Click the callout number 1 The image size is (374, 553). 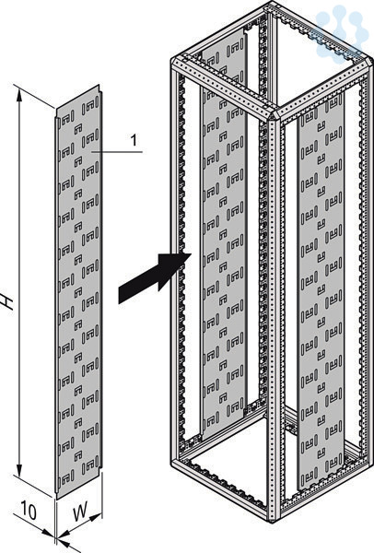click(134, 140)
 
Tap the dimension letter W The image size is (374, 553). click(80, 512)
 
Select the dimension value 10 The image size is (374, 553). click(29, 511)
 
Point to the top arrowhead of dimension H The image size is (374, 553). click(19, 95)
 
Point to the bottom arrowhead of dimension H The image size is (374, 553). click(19, 468)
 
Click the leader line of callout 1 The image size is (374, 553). click(117, 152)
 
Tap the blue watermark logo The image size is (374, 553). click(342, 32)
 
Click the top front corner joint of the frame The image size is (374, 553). click(274, 114)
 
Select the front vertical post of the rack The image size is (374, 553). click(274, 317)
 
